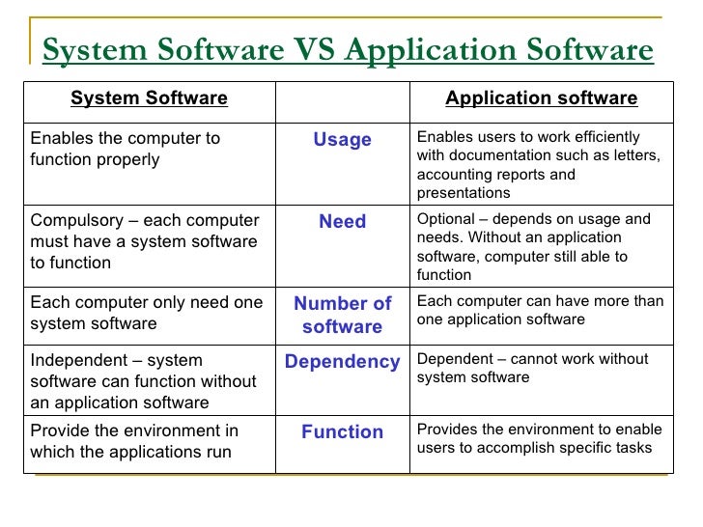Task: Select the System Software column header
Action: pyautogui.click(x=149, y=98)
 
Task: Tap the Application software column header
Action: pyautogui.click(x=541, y=98)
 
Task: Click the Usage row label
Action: pyautogui.click(x=342, y=140)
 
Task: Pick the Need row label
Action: pyautogui.click(x=342, y=222)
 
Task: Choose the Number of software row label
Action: pyautogui.click(x=342, y=315)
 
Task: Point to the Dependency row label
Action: pyautogui.click(x=342, y=362)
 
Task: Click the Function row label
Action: pyautogui.click(x=342, y=432)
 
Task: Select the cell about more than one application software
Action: pyautogui.click(x=540, y=311)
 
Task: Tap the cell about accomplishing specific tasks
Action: pyautogui.click(x=539, y=438)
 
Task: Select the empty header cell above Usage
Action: pyautogui.click(x=342, y=98)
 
